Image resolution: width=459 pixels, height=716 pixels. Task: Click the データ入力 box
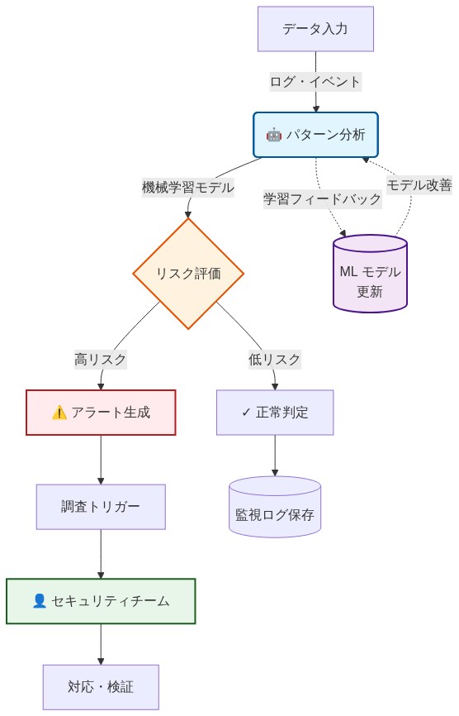315,29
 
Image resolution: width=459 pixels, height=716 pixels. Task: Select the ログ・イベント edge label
315,81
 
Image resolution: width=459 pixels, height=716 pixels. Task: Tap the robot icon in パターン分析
273,135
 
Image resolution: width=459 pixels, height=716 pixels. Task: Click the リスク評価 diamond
188,274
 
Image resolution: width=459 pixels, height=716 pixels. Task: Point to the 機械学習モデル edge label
188,187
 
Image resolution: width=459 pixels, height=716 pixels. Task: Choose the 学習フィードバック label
323,198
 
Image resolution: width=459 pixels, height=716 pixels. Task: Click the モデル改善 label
419,185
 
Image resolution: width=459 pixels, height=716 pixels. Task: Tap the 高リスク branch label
101,360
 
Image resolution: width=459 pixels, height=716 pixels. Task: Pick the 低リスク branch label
275,360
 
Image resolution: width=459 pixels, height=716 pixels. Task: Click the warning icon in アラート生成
59,413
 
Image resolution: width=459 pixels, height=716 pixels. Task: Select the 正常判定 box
275,413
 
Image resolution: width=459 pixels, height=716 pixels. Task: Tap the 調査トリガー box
101,507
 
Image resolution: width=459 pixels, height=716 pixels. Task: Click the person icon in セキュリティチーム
39,601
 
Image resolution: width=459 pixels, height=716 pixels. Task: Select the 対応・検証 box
101,687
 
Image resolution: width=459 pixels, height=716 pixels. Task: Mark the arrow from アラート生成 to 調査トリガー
101,460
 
